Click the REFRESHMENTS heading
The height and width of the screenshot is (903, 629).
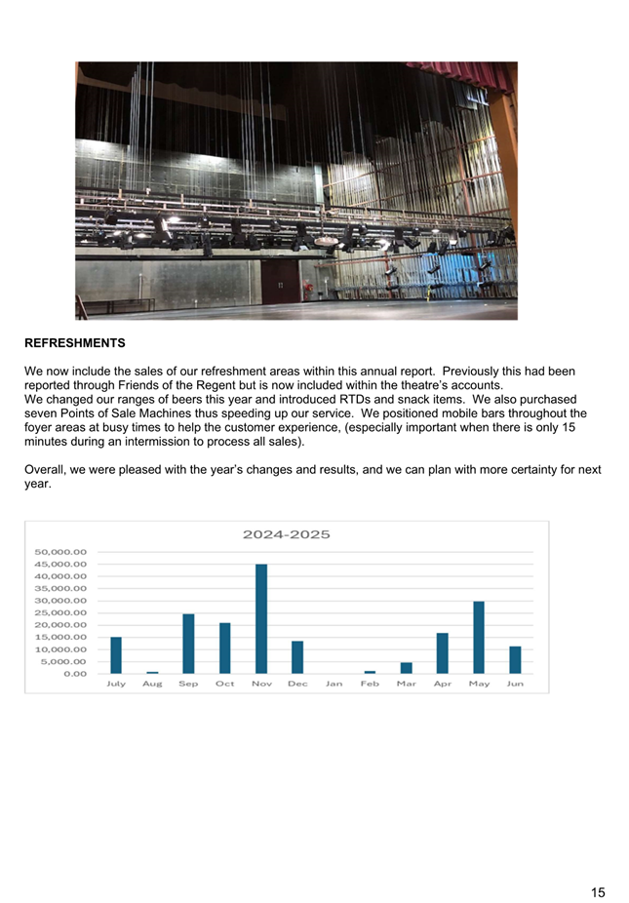75,343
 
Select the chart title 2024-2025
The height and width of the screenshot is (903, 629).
286,534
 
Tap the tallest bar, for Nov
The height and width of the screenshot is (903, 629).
261,618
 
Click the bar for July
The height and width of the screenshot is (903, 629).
116,654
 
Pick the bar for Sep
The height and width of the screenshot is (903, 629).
188,644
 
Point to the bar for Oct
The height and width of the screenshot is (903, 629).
225,648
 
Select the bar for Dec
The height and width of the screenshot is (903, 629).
297,657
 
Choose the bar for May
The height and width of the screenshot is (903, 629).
479,637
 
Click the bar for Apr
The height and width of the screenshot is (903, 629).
443,653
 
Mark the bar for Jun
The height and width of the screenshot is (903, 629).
515,659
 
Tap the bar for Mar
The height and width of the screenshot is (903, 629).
407,668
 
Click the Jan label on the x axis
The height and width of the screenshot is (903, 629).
334,684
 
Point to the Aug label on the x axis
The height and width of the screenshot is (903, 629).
152,684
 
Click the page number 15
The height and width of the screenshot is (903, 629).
597,864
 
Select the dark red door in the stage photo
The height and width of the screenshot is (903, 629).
279,280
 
